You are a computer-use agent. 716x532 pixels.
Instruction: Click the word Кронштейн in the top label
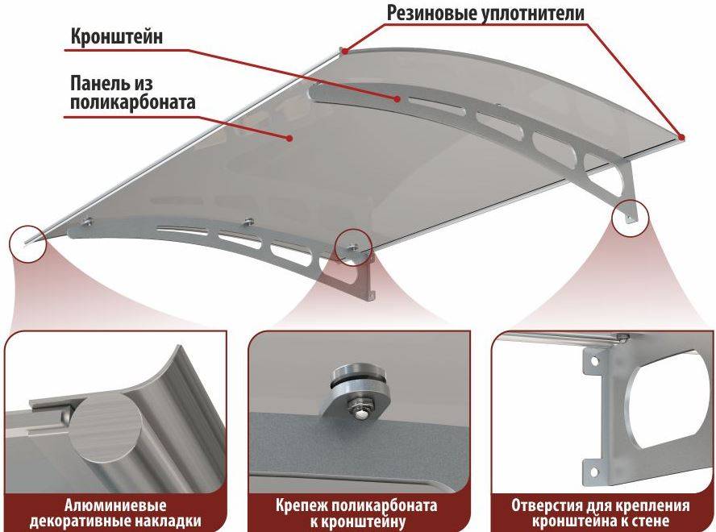pyautogui.click(x=116, y=37)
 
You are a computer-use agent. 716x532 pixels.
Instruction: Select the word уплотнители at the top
pyautogui.click(x=533, y=13)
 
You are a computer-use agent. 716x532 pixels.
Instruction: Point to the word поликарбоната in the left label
pyautogui.click(x=133, y=102)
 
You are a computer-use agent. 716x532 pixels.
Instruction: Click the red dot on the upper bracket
pyautogui.click(x=398, y=98)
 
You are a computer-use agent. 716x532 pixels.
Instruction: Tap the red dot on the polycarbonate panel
pyautogui.click(x=289, y=138)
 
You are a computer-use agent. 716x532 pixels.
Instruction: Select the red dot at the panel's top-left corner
pyautogui.click(x=346, y=51)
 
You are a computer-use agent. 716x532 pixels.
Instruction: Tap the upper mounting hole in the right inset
pyautogui.click(x=594, y=361)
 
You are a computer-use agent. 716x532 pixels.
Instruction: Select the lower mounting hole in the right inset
pyautogui.click(x=593, y=472)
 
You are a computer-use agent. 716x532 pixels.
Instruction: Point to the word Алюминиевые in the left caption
pyautogui.click(x=115, y=506)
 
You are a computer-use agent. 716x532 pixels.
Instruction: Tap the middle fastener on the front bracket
pyautogui.click(x=248, y=222)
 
